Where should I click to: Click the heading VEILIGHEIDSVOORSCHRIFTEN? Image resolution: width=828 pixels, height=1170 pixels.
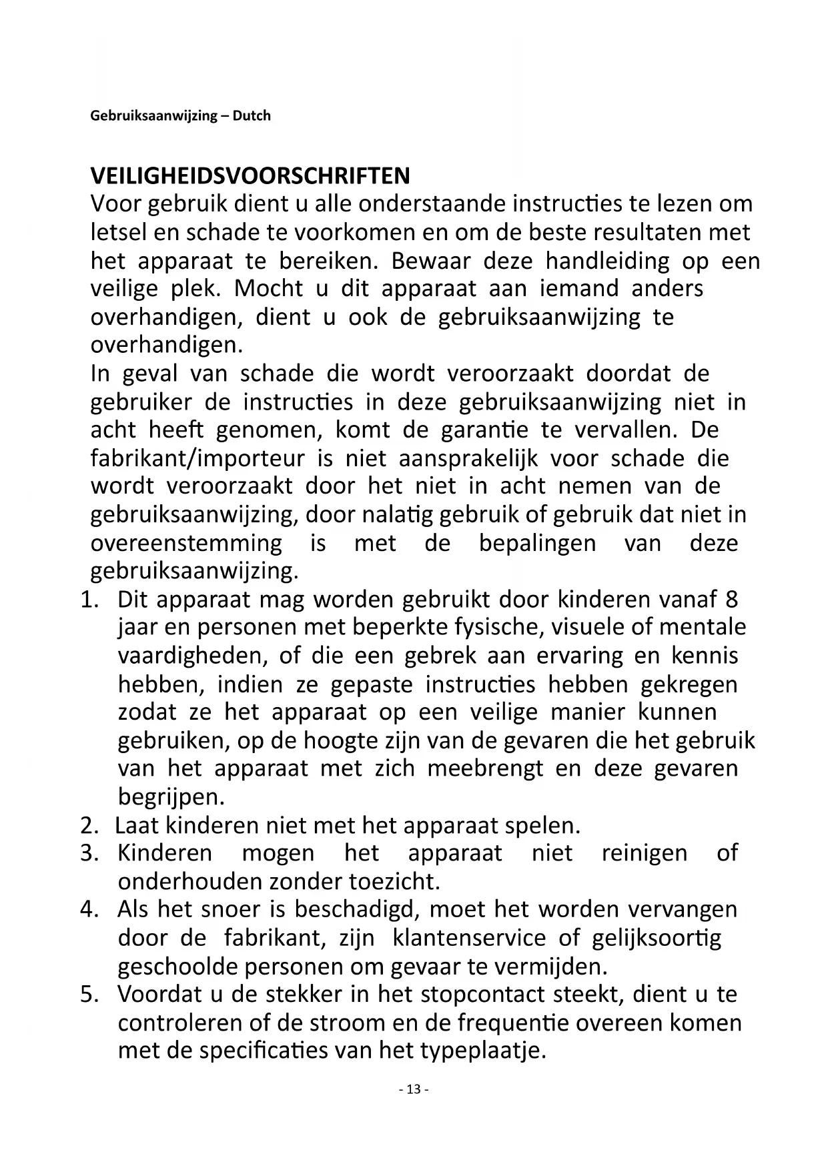[x=250, y=176]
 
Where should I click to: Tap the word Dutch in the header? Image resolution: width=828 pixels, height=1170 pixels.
[x=252, y=116]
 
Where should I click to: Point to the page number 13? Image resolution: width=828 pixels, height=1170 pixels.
[x=414, y=1089]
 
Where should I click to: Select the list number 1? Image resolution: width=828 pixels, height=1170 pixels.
[x=88, y=600]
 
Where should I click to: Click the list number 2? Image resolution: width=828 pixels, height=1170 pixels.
[x=88, y=826]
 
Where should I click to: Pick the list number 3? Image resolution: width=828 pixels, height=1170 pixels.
[x=88, y=853]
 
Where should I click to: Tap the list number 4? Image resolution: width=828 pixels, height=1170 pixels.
[x=88, y=910]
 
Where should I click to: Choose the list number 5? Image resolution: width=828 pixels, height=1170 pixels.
[x=88, y=995]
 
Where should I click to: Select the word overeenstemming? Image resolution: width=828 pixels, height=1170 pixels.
[x=186, y=544]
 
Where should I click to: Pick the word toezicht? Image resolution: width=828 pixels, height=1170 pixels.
[x=394, y=882]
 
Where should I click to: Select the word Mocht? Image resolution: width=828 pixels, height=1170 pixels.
[x=269, y=289]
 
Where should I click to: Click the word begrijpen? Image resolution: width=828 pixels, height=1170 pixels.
[x=171, y=797]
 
